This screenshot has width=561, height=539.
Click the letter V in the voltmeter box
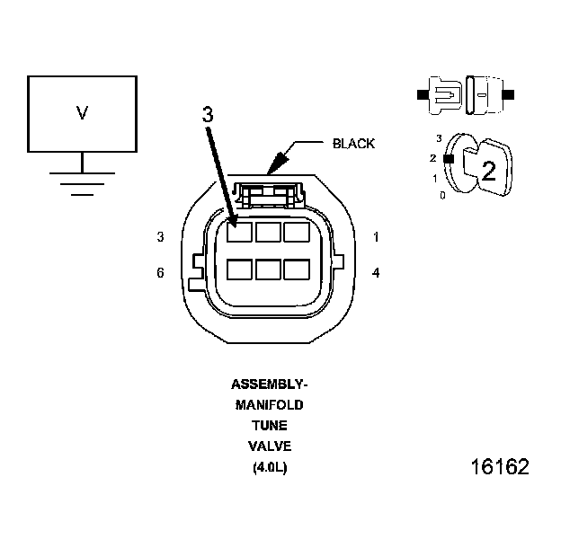pos(82,112)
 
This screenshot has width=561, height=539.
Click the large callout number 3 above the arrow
pos(208,115)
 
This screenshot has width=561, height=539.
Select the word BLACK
pos(353,144)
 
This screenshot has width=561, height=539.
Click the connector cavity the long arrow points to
pos(239,232)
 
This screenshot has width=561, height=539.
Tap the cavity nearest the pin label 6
pos(239,269)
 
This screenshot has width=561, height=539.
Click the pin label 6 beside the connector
pos(160,272)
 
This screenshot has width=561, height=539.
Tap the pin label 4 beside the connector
pos(375,272)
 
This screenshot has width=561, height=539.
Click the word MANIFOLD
pos(269,405)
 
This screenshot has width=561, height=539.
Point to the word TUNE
pos(269,426)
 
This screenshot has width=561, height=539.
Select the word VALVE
pos(269,446)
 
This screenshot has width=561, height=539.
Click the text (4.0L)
pos(269,467)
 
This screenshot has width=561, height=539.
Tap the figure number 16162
pos(499,467)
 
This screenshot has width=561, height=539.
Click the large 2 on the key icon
pos(488,172)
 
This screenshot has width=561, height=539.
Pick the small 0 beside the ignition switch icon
pos(442,194)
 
